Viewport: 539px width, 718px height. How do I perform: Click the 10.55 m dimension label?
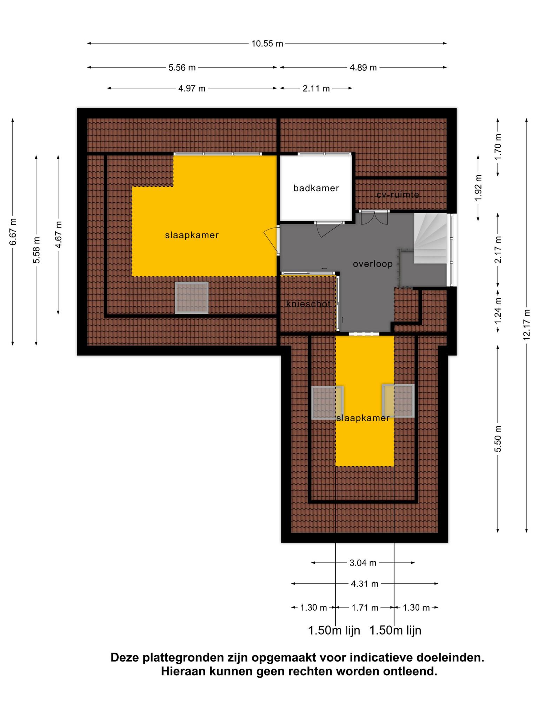(267, 44)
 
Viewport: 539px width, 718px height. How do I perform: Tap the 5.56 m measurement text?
(182, 68)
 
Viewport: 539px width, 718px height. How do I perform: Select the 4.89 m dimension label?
(363, 68)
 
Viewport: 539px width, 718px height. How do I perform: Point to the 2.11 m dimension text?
(316, 88)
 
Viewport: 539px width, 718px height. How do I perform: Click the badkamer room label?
(316, 188)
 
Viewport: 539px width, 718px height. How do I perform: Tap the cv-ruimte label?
(398, 194)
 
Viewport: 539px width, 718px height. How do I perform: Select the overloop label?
(373, 264)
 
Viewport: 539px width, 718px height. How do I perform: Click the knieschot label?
(308, 304)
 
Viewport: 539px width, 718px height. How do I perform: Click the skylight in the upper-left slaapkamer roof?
(192, 298)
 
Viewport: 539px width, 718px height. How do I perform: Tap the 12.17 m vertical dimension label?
(526, 324)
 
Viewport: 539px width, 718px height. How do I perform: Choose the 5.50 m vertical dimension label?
(498, 439)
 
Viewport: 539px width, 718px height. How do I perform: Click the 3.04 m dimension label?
(363, 563)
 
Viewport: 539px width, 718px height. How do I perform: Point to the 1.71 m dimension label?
(365, 608)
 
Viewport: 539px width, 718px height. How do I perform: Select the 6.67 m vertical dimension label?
(13, 232)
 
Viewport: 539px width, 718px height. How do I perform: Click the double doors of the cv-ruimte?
(374, 218)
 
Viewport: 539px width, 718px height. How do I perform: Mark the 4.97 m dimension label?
(192, 88)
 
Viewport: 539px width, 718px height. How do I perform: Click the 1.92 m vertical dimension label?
(478, 188)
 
